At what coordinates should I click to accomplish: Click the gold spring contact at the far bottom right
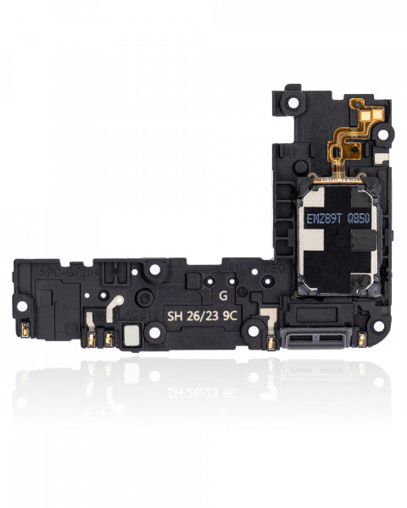361,339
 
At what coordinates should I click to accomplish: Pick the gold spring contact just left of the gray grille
270,341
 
